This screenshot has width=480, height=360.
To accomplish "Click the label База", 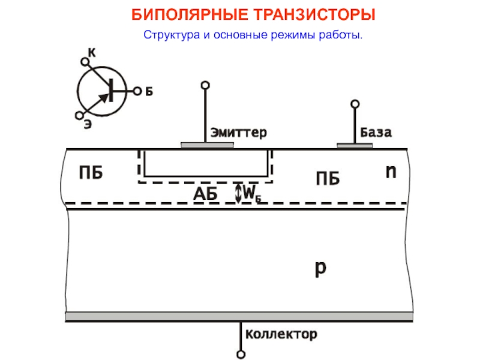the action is coord(376,132).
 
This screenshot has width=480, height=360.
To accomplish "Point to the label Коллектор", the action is coord(279,334).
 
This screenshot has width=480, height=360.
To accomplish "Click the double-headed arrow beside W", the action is coord(238,193).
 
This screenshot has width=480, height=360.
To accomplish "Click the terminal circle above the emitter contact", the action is coord(205,85).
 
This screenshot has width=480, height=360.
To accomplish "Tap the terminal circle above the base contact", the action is coord(356,104).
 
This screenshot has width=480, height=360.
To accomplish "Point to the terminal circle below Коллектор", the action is coord(241,355).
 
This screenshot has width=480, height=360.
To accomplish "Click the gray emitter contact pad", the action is coord(207,145).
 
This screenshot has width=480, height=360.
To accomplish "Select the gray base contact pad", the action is coord(355,145).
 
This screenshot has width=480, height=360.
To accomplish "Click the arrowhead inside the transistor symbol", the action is coord(103,98).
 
